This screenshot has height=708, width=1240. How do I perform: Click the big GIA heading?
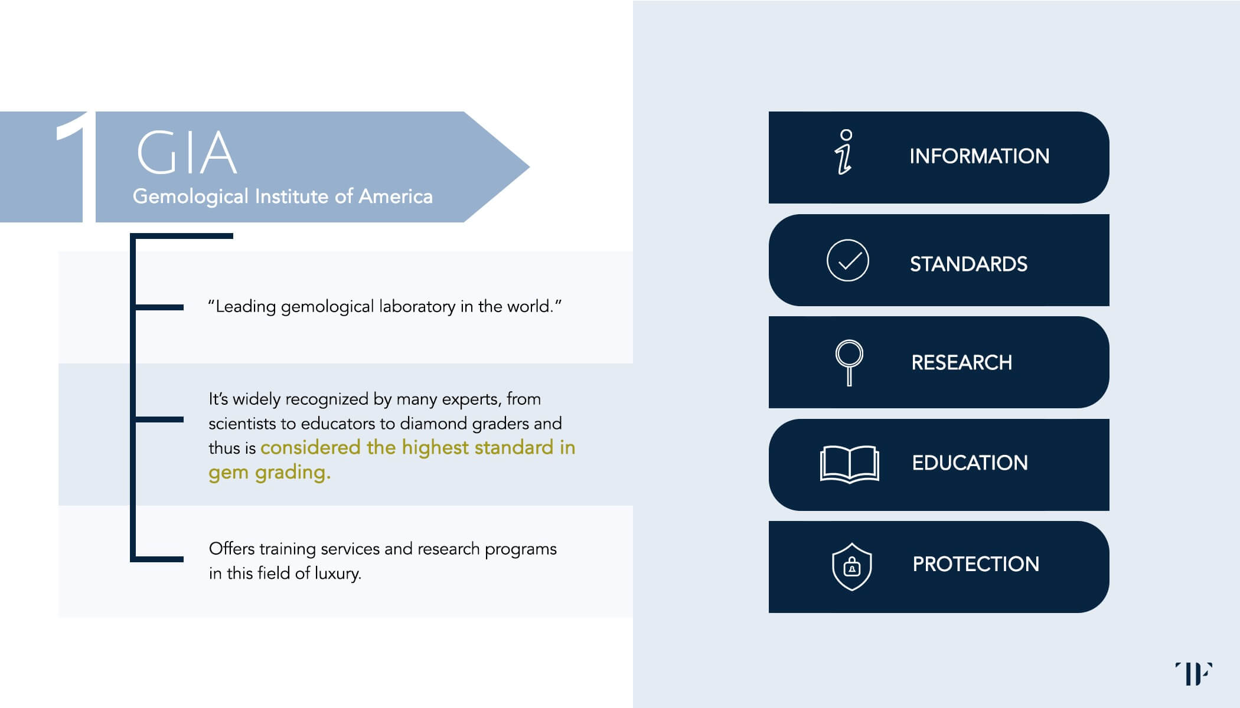pos(187,153)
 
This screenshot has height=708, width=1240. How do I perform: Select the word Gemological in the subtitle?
pos(190,196)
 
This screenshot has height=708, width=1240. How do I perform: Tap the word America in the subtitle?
pos(395,196)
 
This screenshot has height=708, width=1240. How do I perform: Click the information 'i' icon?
pos(845,152)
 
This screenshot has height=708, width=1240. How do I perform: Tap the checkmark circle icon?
pos(847,260)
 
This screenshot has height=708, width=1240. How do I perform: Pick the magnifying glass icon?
pos(849,362)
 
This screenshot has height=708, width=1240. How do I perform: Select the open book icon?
pos(849,464)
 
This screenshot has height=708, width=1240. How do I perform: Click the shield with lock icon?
pos(851,566)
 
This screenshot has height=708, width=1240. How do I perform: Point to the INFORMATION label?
pos(979,156)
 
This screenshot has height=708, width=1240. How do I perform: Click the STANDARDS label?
pos(968,264)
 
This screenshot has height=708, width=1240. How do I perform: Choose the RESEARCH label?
pos(961,362)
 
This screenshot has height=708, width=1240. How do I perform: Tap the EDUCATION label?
pos(970,463)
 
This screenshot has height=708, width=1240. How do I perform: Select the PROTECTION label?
pos(975,565)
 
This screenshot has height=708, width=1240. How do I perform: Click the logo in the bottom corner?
pos(1193,673)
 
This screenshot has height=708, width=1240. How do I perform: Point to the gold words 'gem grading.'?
pos(269,473)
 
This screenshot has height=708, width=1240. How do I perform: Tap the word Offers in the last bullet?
pos(232,549)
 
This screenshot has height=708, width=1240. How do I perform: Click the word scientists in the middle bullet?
pos(242,424)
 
